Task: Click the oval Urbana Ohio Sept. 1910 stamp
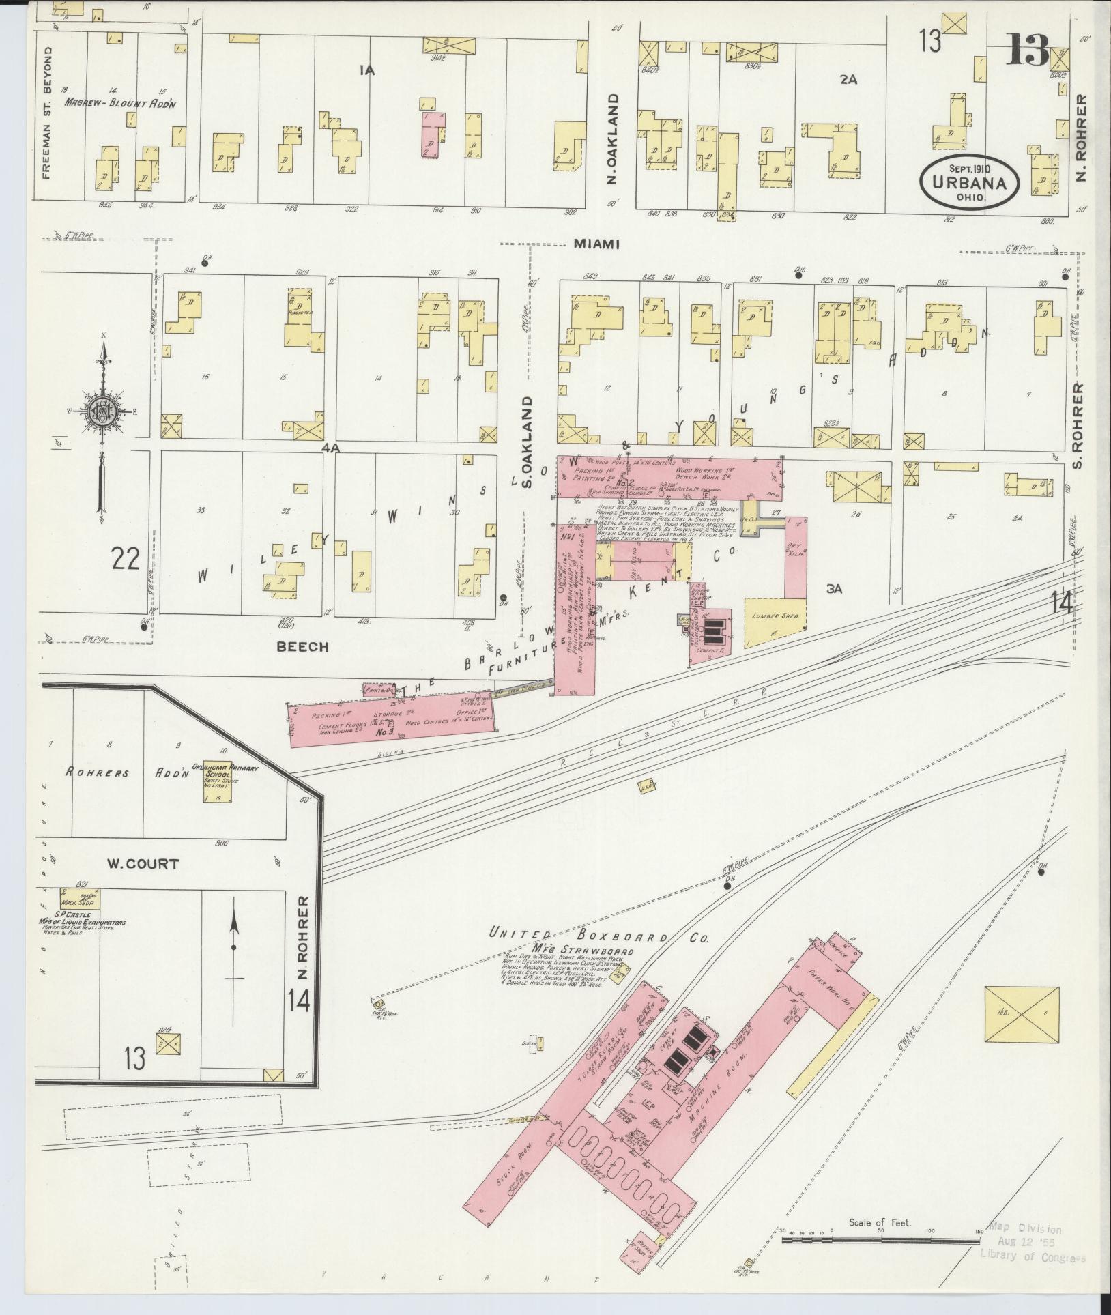969,181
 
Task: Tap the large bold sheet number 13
1027,50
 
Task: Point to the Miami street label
596,244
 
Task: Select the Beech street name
302,646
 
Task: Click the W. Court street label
143,863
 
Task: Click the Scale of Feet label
880,1222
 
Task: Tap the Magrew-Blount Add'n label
121,104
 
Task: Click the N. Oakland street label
612,139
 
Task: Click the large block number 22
127,559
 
